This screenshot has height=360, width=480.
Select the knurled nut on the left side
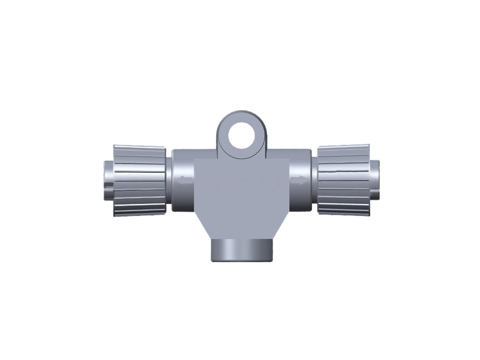click(140, 180)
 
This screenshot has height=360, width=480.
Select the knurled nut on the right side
click(343, 179)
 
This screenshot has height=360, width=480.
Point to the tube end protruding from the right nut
click(374, 179)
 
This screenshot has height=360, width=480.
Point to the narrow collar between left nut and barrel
click(169, 180)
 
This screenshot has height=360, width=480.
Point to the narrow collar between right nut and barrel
click(313, 180)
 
